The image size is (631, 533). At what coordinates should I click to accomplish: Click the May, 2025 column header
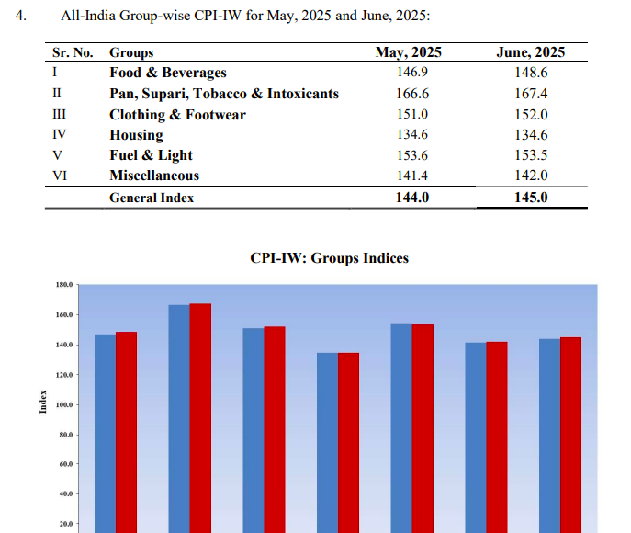[409, 52]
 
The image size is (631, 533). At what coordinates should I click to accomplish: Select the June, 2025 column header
[530, 52]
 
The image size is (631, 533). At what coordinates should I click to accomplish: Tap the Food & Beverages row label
[167, 73]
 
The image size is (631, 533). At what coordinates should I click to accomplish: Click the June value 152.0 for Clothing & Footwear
[530, 115]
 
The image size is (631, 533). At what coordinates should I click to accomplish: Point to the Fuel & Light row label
[151, 155]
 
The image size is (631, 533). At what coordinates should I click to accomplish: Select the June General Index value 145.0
[530, 197]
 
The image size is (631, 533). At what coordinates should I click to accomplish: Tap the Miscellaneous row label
[154, 175]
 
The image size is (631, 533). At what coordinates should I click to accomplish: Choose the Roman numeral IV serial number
[58, 135]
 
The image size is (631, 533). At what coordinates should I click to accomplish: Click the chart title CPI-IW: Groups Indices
[329, 258]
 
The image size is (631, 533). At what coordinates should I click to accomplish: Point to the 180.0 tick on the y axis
[64, 286]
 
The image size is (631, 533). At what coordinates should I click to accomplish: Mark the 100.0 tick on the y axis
[64, 405]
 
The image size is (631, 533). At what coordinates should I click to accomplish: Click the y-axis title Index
[43, 402]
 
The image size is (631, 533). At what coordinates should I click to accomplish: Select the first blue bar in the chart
[105, 432]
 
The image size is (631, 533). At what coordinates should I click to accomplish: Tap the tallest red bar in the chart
[200, 418]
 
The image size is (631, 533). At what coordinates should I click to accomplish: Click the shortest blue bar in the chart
[327, 441]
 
